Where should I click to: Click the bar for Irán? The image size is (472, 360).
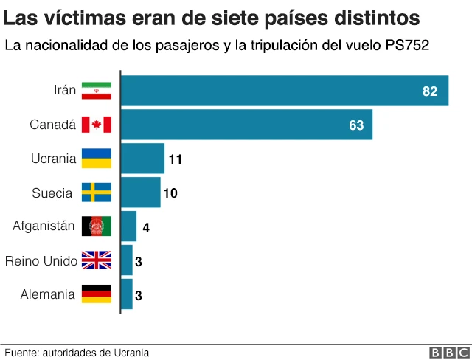click(x=284, y=91)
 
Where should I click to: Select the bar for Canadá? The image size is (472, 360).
click(x=246, y=125)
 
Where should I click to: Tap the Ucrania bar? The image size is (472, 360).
click(x=142, y=159)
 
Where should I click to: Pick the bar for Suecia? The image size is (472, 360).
click(x=140, y=193)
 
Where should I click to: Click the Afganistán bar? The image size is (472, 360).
click(x=128, y=226)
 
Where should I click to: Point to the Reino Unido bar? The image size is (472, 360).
click(x=126, y=260)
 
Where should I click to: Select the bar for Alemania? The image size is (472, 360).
click(x=126, y=294)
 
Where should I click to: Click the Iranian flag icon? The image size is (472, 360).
click(x=96, y=91)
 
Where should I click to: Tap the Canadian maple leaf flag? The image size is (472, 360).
click(x=96, y=125)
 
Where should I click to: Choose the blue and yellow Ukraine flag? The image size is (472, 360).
click(x=96, y=159)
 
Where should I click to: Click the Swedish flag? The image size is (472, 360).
click(x=96, y=193)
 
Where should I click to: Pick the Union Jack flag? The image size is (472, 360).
click(x=96, y=260)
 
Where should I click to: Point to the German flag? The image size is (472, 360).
click(x=96, y=294)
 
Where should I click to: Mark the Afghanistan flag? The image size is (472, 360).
click(x=96, y=226)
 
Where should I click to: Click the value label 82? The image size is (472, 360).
click(x=430, y=91)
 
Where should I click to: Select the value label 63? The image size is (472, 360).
click(x=356, y=125)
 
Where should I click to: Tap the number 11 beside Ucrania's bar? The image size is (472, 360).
click(x=176, y=159)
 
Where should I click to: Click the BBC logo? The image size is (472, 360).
click(x=445, y=353)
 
